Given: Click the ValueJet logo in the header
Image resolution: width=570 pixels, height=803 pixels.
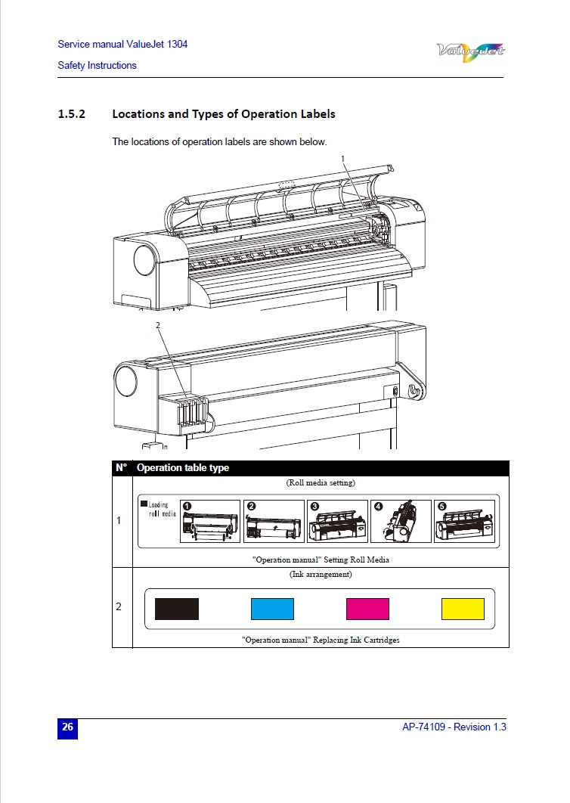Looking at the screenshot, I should tap(471, 51).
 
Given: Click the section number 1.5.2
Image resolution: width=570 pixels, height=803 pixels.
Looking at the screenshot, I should tap(72, 114).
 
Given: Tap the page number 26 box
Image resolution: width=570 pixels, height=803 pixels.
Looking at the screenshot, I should tap(68, 727).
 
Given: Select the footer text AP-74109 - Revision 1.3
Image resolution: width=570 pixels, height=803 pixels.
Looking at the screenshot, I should tap(454, 727).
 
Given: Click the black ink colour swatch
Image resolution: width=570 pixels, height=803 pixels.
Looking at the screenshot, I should tap(177, 609).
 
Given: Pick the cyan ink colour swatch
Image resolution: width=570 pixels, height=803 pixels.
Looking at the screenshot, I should tap(272, 609).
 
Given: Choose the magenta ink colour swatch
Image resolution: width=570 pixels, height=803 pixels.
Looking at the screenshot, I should tap(367, 609).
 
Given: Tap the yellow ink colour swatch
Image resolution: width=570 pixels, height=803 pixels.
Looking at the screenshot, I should tap(463, 609).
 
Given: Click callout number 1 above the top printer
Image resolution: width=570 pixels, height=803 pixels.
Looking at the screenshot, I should tap(342, 158).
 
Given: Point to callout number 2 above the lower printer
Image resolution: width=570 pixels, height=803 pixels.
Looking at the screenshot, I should tap(157, 325).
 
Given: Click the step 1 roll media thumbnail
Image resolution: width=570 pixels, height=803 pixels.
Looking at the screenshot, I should tap(210, 521).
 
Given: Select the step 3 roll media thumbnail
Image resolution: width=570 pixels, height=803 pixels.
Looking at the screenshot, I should tap(338, 521).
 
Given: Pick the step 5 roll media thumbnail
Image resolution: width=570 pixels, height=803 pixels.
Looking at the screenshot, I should tap(463, 521).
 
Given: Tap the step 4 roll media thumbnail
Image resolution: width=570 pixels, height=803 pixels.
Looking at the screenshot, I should tap(401, 521).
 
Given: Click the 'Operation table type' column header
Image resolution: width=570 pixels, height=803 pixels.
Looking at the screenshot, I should tap(183, 468).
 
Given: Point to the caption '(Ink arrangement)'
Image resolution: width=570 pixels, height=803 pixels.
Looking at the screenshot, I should tap(321, 575).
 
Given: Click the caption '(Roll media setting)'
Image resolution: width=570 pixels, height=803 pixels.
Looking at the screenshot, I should tap(321, 482).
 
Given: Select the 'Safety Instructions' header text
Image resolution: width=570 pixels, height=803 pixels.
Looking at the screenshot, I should tap(97, 66).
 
